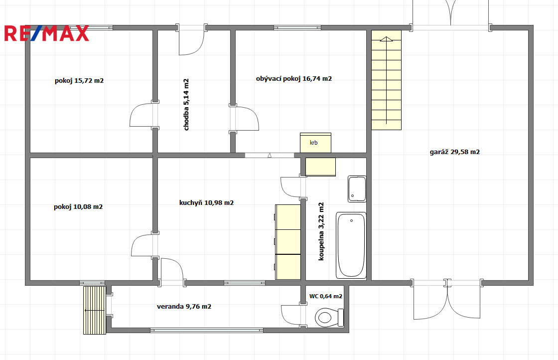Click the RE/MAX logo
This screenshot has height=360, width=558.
click(x=47, y=33)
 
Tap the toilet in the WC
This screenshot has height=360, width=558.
click(x=329, y=317)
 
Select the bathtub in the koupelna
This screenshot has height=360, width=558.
click(x=351, y=245)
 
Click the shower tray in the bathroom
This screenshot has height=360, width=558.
click(x=357, y=188)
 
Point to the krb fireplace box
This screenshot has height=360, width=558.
click(x=316, y=143)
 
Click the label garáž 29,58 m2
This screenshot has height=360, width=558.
click(x=455, y=152)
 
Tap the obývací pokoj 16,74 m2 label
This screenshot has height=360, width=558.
click(x=294, y=79)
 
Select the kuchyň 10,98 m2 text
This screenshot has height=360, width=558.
click(x=206, y=203)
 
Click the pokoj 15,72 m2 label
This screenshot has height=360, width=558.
click(x=79, y=81)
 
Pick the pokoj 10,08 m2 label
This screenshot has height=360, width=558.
click(x=78, y=207)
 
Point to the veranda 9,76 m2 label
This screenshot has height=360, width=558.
click(x=184, y=307)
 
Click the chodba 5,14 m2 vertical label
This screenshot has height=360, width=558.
click(x=186, y=104)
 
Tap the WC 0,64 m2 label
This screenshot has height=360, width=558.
click(x=326, y=296)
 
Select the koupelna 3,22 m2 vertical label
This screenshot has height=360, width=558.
click(x=321, y=231)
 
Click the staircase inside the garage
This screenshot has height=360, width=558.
click(x=387, y=80)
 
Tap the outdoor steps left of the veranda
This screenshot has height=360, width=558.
click(x=95, y=310)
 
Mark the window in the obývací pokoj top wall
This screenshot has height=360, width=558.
click(x=297, y=28)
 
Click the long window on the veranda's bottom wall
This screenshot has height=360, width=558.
click(x=207, y=331)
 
